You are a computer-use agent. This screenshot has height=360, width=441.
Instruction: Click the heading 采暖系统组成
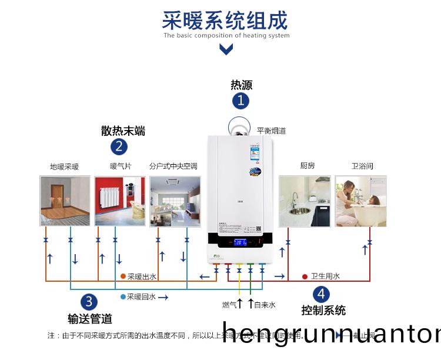coord(225,20)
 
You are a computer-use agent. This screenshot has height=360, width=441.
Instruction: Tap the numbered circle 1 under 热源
coord(240,101)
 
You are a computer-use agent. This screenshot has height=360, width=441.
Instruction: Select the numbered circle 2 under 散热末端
coord(119,146)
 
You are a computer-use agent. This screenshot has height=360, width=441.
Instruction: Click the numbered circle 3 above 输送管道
coord(89,302)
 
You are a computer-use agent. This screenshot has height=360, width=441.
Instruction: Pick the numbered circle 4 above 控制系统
coord(321,294)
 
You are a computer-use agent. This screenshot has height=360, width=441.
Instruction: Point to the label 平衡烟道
coord(271,131)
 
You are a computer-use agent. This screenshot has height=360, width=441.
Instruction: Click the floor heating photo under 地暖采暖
coord(65,201)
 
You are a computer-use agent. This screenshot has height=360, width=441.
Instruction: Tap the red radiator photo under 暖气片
coord(120,201)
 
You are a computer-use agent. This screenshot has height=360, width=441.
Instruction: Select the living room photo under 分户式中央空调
coord(175,201)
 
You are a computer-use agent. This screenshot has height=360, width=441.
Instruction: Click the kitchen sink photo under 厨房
coord(305,201)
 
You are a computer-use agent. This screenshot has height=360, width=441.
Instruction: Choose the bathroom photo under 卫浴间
coord(360,201)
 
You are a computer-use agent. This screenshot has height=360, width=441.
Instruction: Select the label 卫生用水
coord(325,276)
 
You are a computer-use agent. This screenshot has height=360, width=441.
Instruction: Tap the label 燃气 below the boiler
coord(229,305)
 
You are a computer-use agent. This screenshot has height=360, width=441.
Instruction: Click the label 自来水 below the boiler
coord(265,305)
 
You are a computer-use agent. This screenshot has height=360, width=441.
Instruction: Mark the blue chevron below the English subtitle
coord(226,50)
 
